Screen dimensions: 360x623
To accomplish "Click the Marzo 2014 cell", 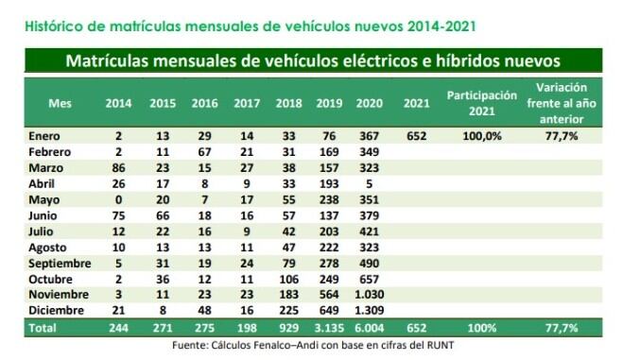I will (119, 167).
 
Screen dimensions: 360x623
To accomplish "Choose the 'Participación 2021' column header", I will (482, 103).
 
